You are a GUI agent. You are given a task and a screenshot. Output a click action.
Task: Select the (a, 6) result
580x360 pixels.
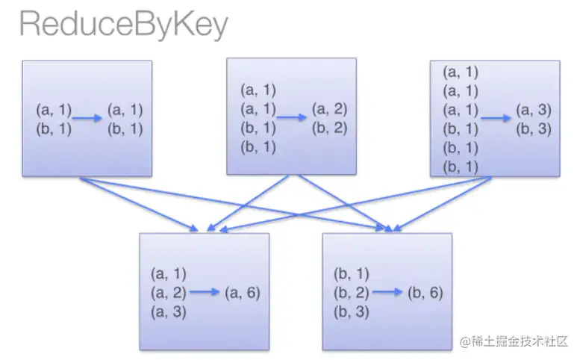(243, 293)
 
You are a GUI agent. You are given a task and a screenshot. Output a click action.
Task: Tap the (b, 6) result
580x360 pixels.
(425, 293)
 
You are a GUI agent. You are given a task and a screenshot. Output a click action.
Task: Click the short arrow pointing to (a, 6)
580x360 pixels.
(205, 293)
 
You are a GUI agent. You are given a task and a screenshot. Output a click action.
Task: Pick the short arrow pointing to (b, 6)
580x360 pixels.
(388, 293)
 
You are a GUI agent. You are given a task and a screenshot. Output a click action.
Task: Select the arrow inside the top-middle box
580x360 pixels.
(292, 117)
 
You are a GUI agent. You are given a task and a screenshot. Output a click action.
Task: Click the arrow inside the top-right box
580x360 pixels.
(496, 117)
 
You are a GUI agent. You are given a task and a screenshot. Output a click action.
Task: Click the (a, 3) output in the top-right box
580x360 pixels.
(533, 110)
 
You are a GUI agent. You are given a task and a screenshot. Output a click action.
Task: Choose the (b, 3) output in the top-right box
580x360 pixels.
(533, 128)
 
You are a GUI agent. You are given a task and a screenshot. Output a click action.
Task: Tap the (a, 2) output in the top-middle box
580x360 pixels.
(329, 109)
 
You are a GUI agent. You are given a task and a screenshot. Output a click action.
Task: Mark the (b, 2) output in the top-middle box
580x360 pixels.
(329, 127)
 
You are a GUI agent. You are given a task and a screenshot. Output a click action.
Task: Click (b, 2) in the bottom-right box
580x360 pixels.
(351, 293)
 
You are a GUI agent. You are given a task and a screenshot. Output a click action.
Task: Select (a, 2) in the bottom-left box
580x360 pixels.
(169, 293)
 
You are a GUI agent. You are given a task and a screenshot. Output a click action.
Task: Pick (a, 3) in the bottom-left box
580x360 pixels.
(169, 311)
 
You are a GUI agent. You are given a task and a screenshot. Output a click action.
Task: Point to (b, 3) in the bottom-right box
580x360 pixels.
(351, 311)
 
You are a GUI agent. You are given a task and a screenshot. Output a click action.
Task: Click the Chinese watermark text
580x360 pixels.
(515, 341)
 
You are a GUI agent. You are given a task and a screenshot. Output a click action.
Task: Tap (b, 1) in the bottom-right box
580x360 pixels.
(351, 274)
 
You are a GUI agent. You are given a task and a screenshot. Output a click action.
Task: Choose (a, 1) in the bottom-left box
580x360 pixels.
(169, 274)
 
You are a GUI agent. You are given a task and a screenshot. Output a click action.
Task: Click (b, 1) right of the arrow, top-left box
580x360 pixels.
(125, 128)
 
